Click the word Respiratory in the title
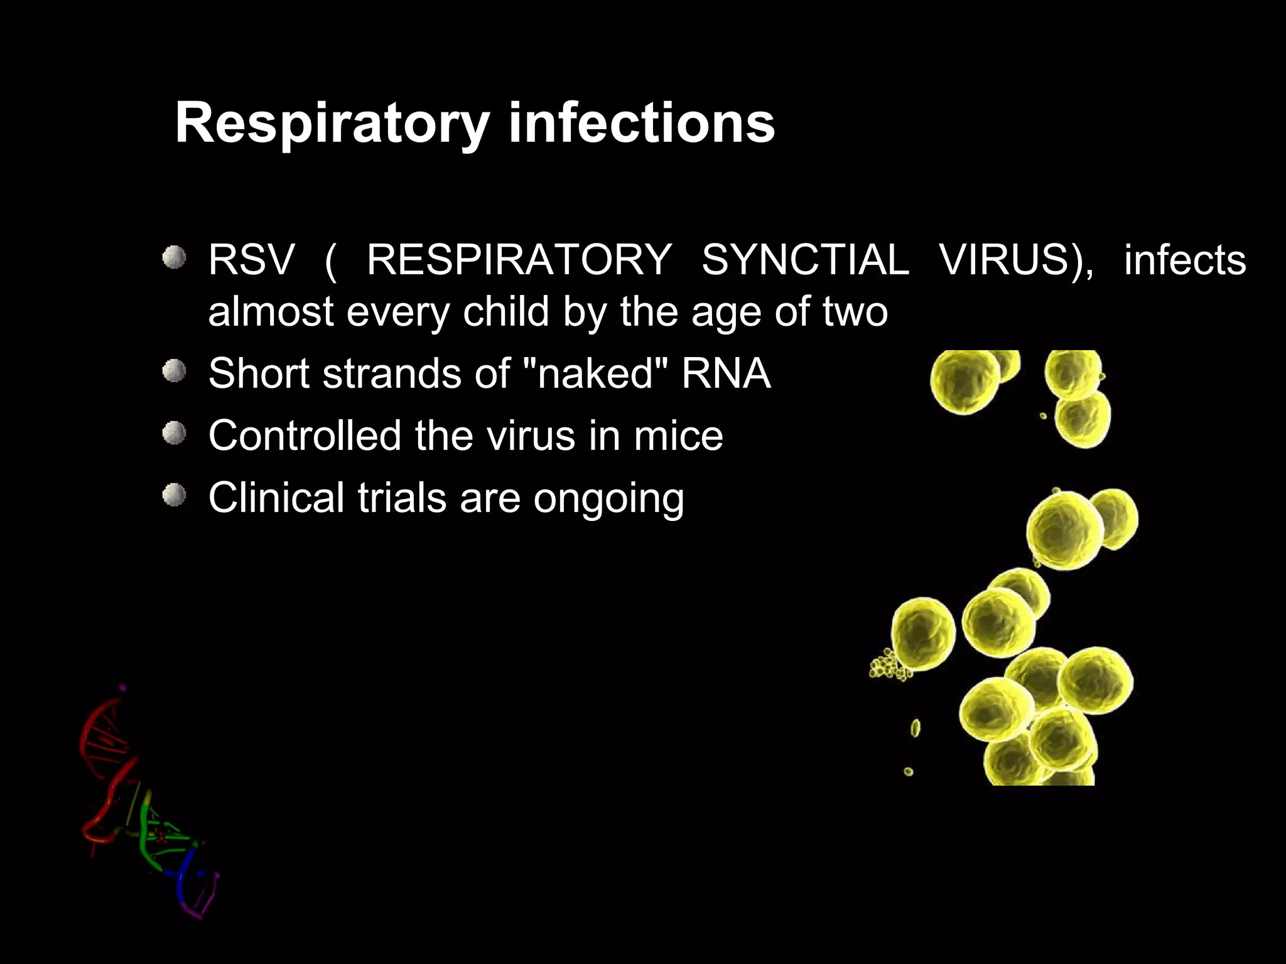(x=332, y=124)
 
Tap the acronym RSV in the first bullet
(x=251, y=260)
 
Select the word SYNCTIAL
(x=805, y=260)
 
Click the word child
(x=505, y=311)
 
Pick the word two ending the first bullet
(x=855, y=311)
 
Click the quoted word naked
(x=594, y=373)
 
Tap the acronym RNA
(x=726, y=373)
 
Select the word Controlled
(x=305, y=436)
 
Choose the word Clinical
(x=276, y=498)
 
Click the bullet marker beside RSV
(x=174, y=258)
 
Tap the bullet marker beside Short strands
(x=174, y=371)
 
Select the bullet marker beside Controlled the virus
(x=174, y=433)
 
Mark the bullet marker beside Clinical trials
(x=174, y=496)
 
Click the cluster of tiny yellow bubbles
(x=887, y=665)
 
